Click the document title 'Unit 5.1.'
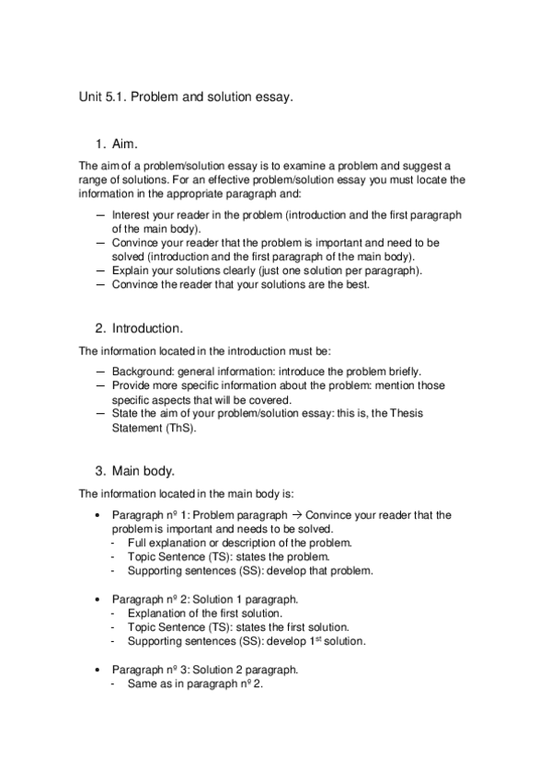(103, 96)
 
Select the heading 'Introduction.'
(148, 327)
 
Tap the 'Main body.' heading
(143, 472)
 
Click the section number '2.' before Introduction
(100, 327)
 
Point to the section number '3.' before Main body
(100, 472)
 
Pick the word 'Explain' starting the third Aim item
(130, 270)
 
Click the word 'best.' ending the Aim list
(354, 284)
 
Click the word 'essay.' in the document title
(274, 96)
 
